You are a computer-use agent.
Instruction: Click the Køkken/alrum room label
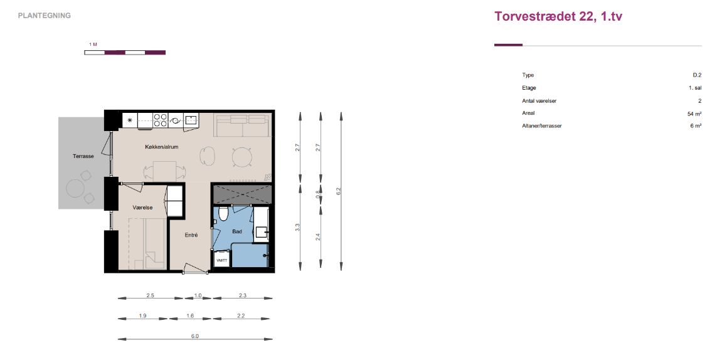(x=162, y=147)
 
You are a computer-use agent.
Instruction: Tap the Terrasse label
(x=83, y=156)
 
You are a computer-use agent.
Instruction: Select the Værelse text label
(x=142, y=208)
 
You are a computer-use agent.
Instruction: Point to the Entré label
(x=191, y=235)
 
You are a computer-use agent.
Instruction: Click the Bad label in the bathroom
(x=237, y=231)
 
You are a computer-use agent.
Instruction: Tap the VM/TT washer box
(x=221, y=260)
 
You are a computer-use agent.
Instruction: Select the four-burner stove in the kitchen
(x=160, y=120)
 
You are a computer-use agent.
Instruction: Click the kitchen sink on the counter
(x=191, y=120)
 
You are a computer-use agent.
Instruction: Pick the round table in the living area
(x=242, y=157)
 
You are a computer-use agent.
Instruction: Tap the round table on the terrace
(x=75, y=188)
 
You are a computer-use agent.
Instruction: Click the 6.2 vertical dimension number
(x=338, y=191)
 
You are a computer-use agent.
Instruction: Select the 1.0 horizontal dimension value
(x=198, y=295)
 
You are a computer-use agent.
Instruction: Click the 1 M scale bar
(x=125, y=53)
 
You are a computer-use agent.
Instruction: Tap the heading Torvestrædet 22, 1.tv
(x=558, y=16)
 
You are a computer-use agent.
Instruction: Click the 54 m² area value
(x=694, y=114)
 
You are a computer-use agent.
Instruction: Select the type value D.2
(x=697, y=75)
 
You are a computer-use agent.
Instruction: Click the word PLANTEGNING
(x=45, y=16)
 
